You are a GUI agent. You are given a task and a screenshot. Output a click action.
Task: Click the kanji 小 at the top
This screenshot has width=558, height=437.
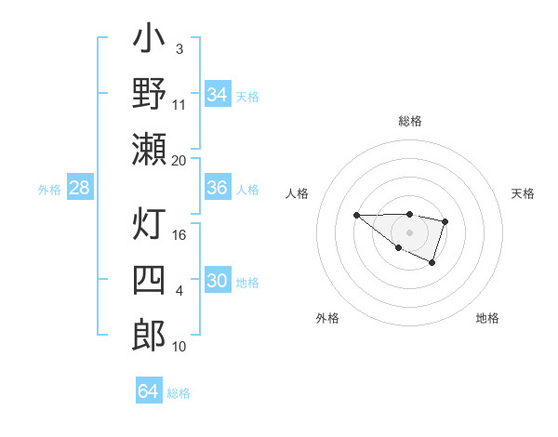point(149,42)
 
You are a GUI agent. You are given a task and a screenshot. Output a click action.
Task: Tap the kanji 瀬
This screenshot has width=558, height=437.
point(149,149)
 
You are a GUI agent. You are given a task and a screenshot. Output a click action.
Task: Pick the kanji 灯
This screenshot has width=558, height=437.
point(149,226)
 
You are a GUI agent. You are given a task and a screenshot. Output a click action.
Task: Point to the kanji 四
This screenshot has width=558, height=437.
point(149,281)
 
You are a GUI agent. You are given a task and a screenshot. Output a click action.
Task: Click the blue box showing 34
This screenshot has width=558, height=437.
point(217,95)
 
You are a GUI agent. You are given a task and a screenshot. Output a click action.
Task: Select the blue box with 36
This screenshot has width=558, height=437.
point(217,188)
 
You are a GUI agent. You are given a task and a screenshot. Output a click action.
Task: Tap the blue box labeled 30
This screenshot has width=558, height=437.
point(217,281)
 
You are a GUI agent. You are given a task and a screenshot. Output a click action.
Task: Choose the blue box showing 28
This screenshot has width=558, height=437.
point(79,188)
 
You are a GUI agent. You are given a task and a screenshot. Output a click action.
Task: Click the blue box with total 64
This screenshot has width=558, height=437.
point(148,391)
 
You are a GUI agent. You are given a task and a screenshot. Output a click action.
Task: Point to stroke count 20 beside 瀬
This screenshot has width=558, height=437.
point(179,160)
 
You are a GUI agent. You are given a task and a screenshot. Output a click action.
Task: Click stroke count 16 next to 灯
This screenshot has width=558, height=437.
point(179,235)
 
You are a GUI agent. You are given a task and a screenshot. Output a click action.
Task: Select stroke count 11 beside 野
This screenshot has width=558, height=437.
point(179,104)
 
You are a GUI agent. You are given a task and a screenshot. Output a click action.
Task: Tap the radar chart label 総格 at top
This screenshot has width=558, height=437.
point(409,121)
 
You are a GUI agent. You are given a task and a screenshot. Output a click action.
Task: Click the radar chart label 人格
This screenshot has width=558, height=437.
point(298,193)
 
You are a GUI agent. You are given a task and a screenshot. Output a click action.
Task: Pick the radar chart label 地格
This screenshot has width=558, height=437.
point(487,318)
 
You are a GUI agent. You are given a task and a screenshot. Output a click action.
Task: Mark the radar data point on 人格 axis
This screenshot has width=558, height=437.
point(357,216)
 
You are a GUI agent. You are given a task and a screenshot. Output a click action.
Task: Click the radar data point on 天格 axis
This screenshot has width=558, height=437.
point(445,221)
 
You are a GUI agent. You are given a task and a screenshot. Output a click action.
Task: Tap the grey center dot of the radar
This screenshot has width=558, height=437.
point(409,232)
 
